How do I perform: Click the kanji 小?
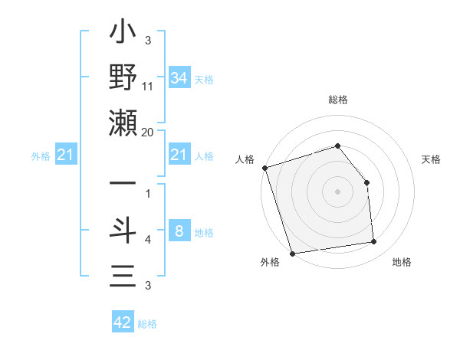click(123, 34)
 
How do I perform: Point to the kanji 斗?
click(123, 231)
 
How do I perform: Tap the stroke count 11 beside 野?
click(147, 88)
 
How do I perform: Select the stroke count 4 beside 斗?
click(147, 241)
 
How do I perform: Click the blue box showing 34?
click(179, 77)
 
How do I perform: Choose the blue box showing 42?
click(123, 322)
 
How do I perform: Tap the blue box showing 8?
click(179, 231)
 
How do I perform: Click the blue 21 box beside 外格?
click(66, 155)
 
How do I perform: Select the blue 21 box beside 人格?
click(179, 155)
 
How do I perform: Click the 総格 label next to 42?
click(147, 324)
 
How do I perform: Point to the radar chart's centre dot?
click(337, 191)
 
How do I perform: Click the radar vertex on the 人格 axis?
click(264, 168)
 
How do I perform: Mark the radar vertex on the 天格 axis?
click(366, 182)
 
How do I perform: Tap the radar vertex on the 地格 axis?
click(374, 242)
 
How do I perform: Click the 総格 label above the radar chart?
click(337, 100)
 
